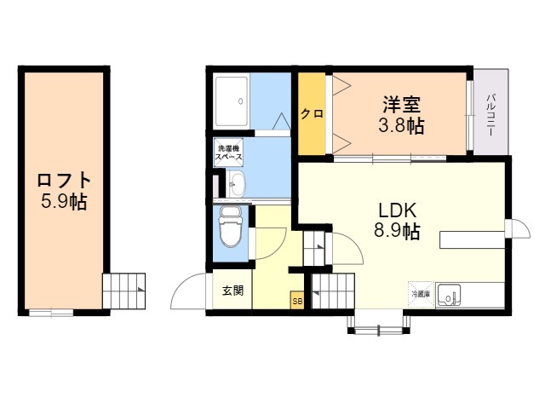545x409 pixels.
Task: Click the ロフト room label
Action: [x=63, y=181]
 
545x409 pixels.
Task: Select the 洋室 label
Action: [x=402, y=106]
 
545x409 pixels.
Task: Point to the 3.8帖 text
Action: [x=402, y=126]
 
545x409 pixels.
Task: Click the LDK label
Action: [x=398, y=210]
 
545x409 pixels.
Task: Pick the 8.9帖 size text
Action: [x=398, y=231]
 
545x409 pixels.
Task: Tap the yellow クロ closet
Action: [x=312, y=114]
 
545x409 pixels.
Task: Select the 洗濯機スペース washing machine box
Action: [x=228, y=153]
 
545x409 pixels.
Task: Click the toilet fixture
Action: [x=230, y=228]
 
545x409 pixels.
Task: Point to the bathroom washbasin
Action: [x=235, y=183]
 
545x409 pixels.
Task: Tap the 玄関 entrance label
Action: [x=233, y=291]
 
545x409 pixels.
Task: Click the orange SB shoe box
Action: [x=297, y=301]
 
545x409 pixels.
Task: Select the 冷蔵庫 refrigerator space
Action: [x=421, y=294]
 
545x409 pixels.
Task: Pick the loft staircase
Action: [x=124, y=291]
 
